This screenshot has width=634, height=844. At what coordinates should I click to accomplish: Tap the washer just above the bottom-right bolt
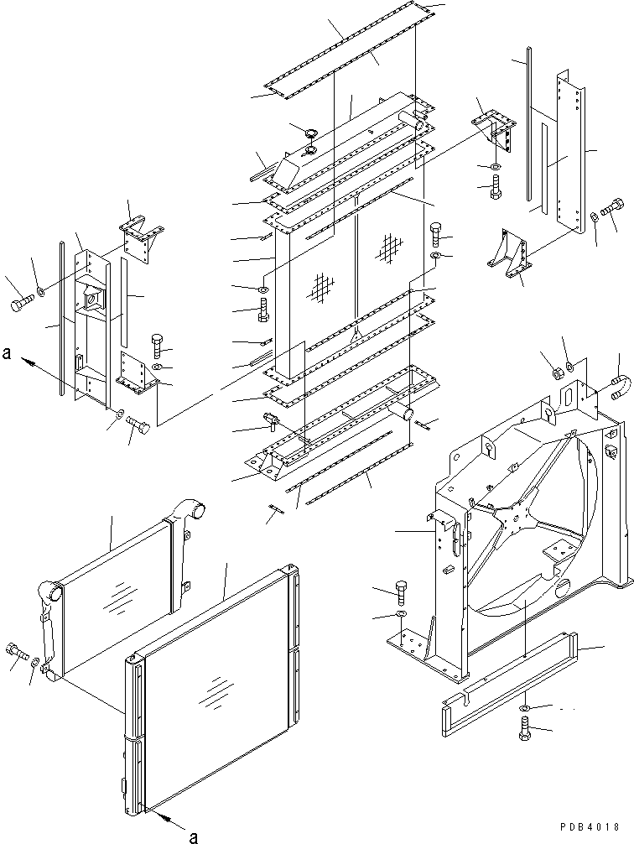(523, 711)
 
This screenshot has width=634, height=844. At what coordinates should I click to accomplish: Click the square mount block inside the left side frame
(93, 298)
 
